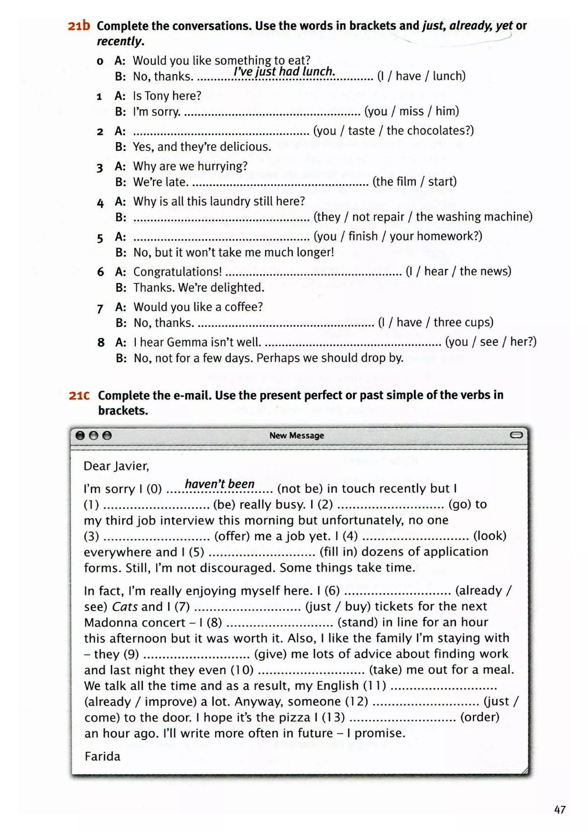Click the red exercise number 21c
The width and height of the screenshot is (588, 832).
(79, 395)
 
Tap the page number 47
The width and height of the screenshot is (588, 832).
(560, 810)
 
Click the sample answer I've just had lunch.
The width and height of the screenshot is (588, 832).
(284, 71)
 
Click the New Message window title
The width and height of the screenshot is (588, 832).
(296, 435)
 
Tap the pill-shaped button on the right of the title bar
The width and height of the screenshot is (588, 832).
(516, 435)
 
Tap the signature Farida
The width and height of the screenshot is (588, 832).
(102, 756)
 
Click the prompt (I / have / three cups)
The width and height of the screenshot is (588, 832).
(436, 322)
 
